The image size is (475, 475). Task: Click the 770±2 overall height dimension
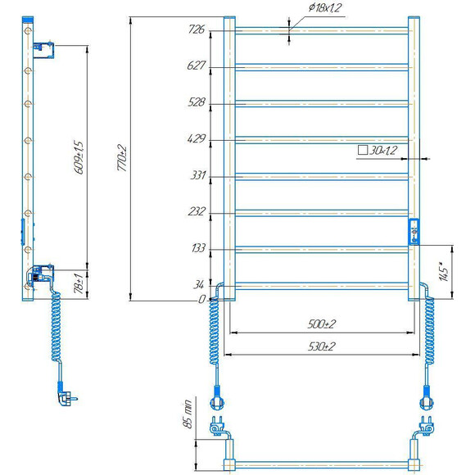click(122, 158)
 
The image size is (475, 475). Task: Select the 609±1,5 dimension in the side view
click(79, 157)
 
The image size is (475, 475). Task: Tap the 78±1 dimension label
click(79, 283)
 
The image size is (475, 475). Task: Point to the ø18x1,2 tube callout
click(325, 7)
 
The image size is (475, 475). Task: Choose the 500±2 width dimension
click(321, 324)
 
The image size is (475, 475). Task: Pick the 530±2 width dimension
click(321, 346)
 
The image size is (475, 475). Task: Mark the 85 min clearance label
click(188, 414)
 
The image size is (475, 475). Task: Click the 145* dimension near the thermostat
click(444, 271)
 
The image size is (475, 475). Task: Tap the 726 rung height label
click(197, 29)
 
